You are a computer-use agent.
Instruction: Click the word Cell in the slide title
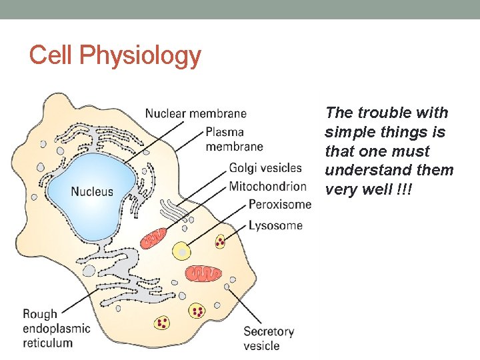click(x=51, y=55)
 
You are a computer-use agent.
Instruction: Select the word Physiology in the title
click(x=139, y=57)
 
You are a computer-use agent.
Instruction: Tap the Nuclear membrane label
click(x=195, y=114)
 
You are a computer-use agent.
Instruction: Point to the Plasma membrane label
click(x=234, y=139)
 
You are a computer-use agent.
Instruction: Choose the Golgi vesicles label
click(x=265, y=168)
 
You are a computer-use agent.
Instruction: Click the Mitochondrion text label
click(x=267, y=186)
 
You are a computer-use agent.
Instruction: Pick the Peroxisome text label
click(x=279, y=205)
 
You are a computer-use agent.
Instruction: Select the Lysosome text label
click(x=275, y=225)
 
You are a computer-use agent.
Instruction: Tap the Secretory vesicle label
click(x=269, y=338)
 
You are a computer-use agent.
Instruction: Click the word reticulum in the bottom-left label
click(x=47, y=343)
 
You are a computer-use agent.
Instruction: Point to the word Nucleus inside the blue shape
click(x=92, y=192)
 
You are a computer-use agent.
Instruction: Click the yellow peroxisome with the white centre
click(x=181, y=251)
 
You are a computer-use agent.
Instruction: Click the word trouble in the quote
click(x=378, y=113)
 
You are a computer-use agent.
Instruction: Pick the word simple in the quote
click(x=349, y=132)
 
